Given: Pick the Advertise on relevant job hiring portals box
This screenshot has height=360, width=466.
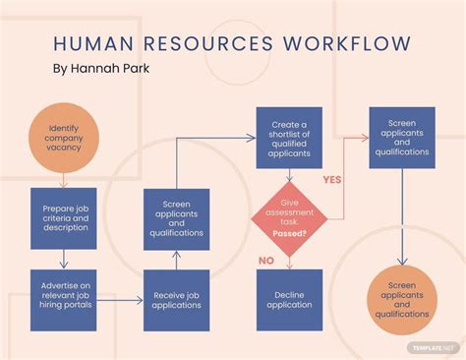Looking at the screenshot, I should coord(64,299).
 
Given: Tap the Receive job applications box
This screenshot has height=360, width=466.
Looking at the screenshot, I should coord(176,299).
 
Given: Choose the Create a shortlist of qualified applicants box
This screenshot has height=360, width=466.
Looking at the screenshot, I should coord(289,140).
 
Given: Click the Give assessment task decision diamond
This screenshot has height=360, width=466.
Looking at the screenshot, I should coord(289,218).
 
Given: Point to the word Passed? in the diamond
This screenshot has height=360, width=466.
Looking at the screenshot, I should coord(289,234).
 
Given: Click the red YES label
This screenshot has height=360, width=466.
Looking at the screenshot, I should coord(332,181).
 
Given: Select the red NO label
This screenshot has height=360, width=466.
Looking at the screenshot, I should coord(265,261).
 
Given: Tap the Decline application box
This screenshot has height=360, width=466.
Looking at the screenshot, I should coord(289,299).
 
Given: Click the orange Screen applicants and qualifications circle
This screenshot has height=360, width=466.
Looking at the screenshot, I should coord(401,299).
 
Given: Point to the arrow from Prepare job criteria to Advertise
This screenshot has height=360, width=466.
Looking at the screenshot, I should coord(64,259).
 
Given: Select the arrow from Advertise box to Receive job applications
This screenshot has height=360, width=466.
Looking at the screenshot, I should coord(120,299).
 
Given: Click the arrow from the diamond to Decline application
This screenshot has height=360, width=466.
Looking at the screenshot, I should coord(289,262).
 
